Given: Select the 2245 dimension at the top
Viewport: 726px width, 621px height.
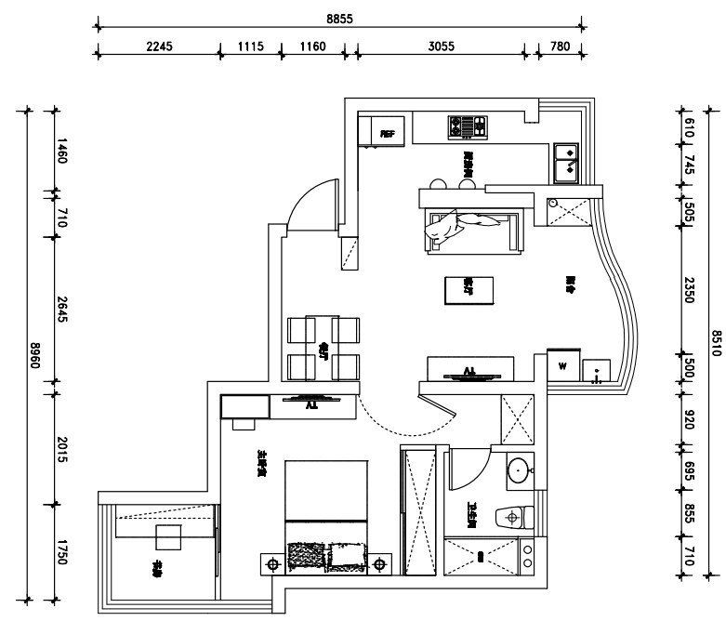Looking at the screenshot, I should click(x=159, y=46).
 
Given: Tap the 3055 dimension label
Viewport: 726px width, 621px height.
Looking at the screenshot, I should click(x=441, y=46).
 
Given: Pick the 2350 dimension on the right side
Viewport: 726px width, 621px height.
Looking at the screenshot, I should click(x=689, y=286).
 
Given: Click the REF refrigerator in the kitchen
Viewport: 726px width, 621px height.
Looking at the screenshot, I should click(x=388, y=133).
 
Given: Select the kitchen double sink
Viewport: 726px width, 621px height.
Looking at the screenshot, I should click(x=565, y=162).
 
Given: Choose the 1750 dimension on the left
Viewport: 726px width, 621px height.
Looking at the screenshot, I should click(x=61, y=553).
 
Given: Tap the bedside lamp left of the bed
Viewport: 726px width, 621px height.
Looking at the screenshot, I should click(x=272, y=563).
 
